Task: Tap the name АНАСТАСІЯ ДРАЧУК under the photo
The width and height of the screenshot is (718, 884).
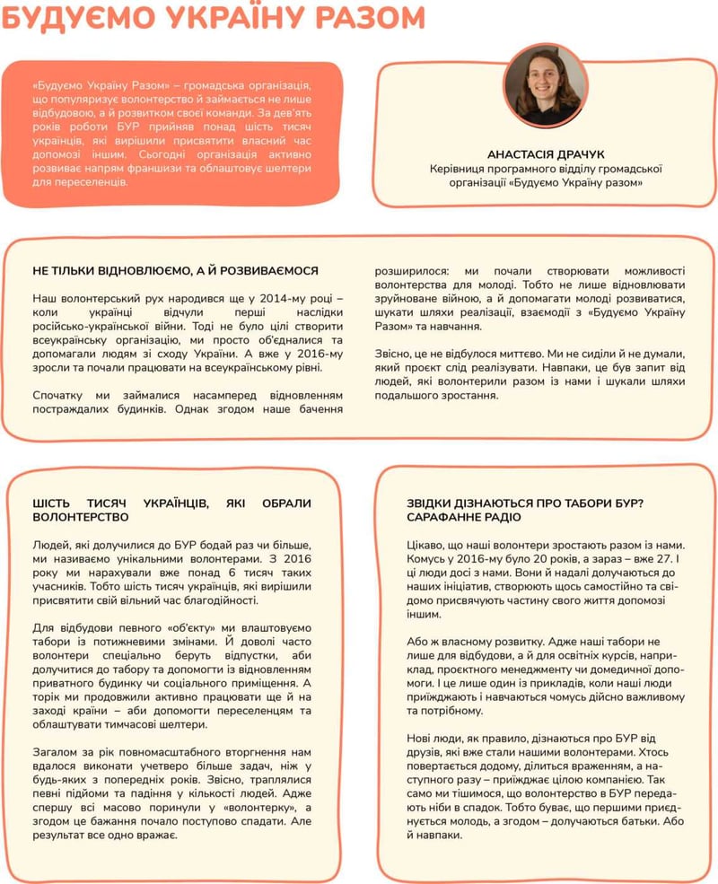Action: tap(545, 153)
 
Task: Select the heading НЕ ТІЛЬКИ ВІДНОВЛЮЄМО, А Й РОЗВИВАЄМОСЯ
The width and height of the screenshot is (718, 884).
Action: tap(175, 270)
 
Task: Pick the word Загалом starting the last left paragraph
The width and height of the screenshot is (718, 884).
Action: tap(57, 751)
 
